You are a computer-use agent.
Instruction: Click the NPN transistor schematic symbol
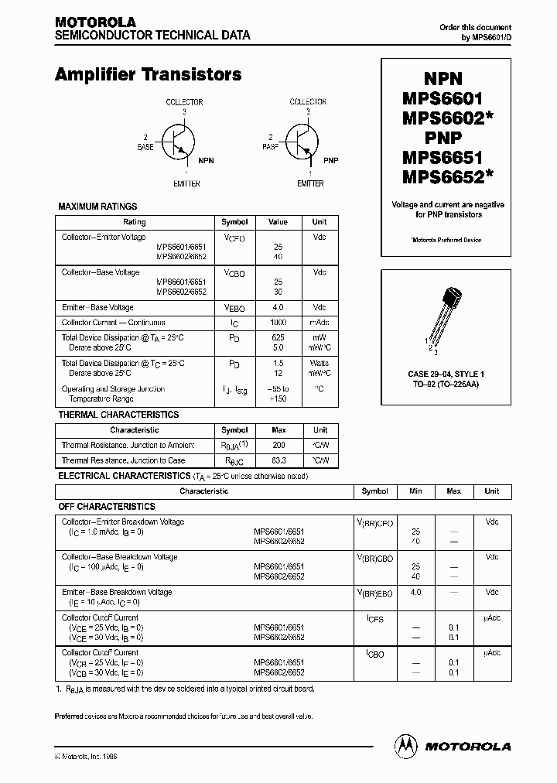(181, 144)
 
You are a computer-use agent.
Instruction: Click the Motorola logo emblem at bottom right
(405, 746)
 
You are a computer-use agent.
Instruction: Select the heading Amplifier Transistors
(148, 75)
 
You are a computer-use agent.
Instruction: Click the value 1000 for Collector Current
(278, 322)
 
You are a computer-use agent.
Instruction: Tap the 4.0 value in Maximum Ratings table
(278, 307)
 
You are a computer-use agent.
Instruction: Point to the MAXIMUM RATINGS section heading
(97, 207)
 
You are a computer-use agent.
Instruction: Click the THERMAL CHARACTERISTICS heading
(118, 415)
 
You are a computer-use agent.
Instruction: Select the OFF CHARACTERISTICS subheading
(107, 506)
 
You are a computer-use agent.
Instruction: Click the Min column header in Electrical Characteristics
(415, 491)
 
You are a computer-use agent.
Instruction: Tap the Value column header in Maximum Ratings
(278, 222)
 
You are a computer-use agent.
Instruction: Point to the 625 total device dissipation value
(278, 337)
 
